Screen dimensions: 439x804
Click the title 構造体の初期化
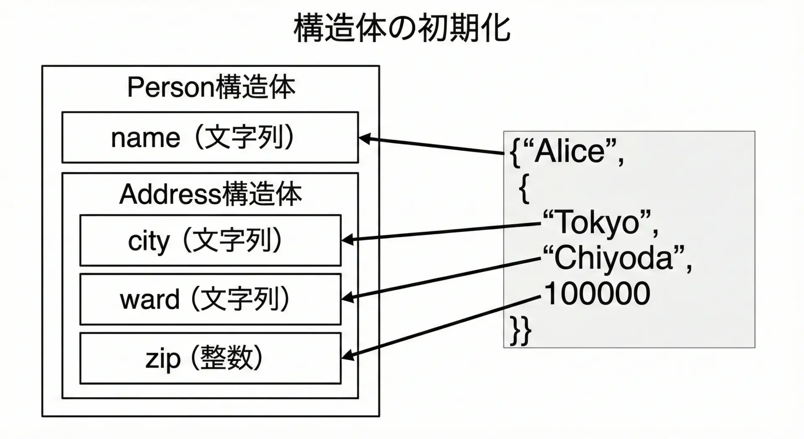click(402, 29)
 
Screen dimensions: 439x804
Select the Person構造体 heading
click(211, 88)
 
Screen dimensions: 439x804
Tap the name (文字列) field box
click(210, 137)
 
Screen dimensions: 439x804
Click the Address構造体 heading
click(210, 194)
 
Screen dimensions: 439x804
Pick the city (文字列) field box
click(210, 240)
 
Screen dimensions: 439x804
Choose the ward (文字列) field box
click(210, 299)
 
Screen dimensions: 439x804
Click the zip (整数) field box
click(210, 358)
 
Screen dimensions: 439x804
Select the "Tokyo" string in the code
click(599, 222)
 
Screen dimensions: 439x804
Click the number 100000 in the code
click(597, 294)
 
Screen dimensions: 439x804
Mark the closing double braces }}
click(521, 331)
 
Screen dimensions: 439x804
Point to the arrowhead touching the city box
click(348, 240)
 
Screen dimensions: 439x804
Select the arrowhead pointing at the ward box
click(348, 299)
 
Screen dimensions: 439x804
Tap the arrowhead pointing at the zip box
click(348, 357)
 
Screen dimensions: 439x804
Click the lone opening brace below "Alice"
click(524, 189)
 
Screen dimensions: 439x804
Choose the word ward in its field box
click(149, 299)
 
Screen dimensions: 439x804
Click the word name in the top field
click(145, 138)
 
